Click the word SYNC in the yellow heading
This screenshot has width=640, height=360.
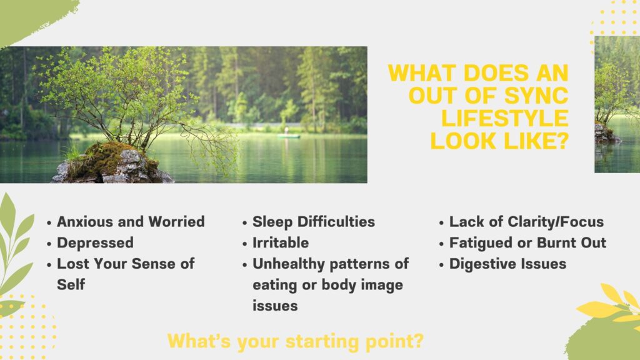pos(536,96)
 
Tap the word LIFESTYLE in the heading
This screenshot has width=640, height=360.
pos(505,118)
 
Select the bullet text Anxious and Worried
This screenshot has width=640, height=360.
pos(131,222)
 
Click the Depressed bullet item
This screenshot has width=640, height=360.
pos(95,243)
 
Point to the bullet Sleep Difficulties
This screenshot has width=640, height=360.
pos(314,222)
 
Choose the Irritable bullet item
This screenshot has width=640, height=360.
pos(281,243)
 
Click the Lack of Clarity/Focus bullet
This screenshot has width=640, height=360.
pos(526,222)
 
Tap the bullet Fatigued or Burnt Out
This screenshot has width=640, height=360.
pos(527,243)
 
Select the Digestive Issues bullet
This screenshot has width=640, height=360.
pos(507,264)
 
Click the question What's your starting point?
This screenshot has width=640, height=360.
pos(296,341)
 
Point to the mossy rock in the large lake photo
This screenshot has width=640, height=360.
pos(112,163)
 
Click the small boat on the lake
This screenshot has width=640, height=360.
pos(288,136)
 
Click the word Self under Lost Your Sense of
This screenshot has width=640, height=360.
pos(71,285)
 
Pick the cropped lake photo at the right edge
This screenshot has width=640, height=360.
pos(617,104)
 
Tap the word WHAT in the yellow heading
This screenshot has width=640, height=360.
pos(422,73)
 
